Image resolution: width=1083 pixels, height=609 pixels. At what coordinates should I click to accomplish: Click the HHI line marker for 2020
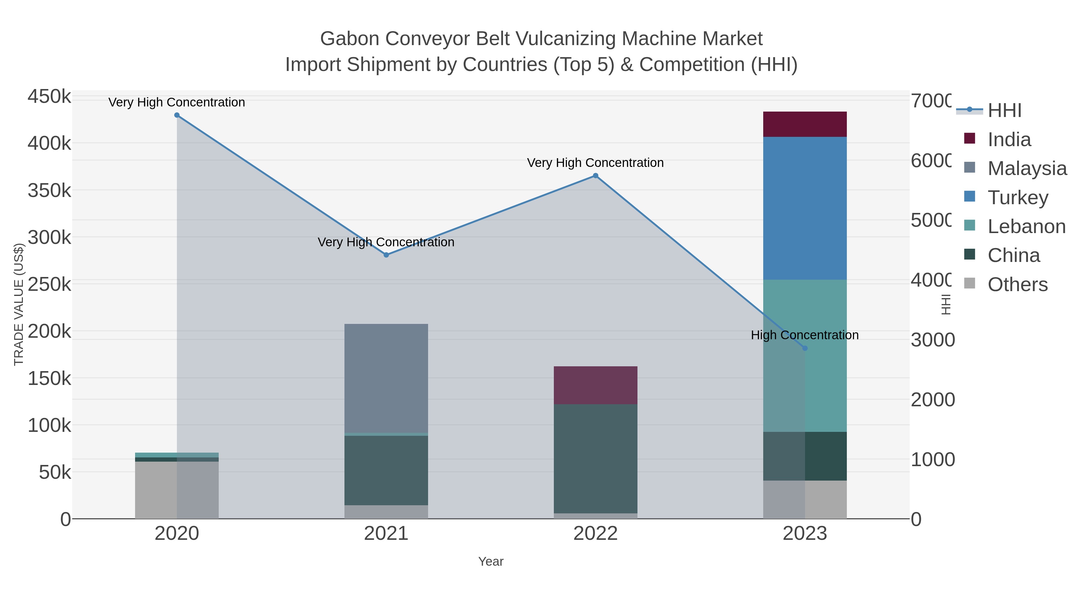(x=177, y=115)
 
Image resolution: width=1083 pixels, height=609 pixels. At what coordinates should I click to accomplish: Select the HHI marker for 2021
(x=386, y=255)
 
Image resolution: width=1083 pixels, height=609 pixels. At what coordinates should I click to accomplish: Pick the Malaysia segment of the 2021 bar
(x=386, y=378)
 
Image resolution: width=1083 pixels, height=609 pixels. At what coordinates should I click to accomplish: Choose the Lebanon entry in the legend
(x=1026, y=226)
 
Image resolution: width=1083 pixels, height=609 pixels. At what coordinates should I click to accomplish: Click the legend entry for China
(x=1013, y=256)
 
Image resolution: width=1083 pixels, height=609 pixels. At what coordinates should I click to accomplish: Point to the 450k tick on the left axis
(x=49, y=97)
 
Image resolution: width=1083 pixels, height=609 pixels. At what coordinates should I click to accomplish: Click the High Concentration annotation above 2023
(x=804, y=335)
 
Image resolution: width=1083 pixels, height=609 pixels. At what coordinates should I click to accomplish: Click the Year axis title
(x=491, y=561)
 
